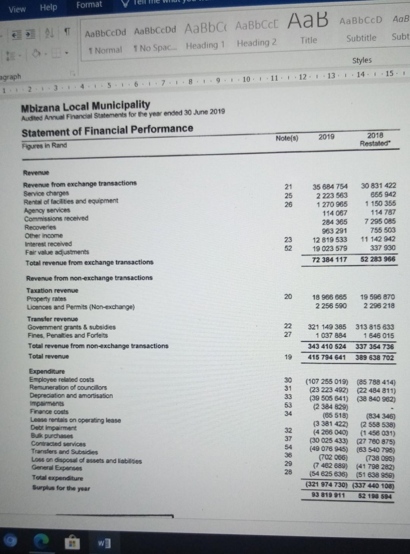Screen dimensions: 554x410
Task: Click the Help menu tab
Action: coord(48,7)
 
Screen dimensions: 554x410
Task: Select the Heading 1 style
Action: coord(205,46)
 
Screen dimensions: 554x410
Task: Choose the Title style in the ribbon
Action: coord(308,40)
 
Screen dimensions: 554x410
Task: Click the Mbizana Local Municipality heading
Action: coord(85,105)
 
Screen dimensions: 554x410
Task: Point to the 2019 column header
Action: coord(326,137)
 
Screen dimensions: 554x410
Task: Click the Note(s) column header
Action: coord(287,138)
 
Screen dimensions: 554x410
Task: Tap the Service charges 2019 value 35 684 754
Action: coord(330,186)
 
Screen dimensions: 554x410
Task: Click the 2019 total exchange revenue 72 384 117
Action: coord(329,259)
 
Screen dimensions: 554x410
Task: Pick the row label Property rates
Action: coord(46,299)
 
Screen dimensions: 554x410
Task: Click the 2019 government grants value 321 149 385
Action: coord(327,327)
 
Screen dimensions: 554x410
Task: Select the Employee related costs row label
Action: coord(61,379)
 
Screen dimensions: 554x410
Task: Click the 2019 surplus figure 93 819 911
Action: coord(328,495)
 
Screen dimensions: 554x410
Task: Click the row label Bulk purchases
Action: coord(52,436)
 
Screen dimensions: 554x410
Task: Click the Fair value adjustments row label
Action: coord(57,252)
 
